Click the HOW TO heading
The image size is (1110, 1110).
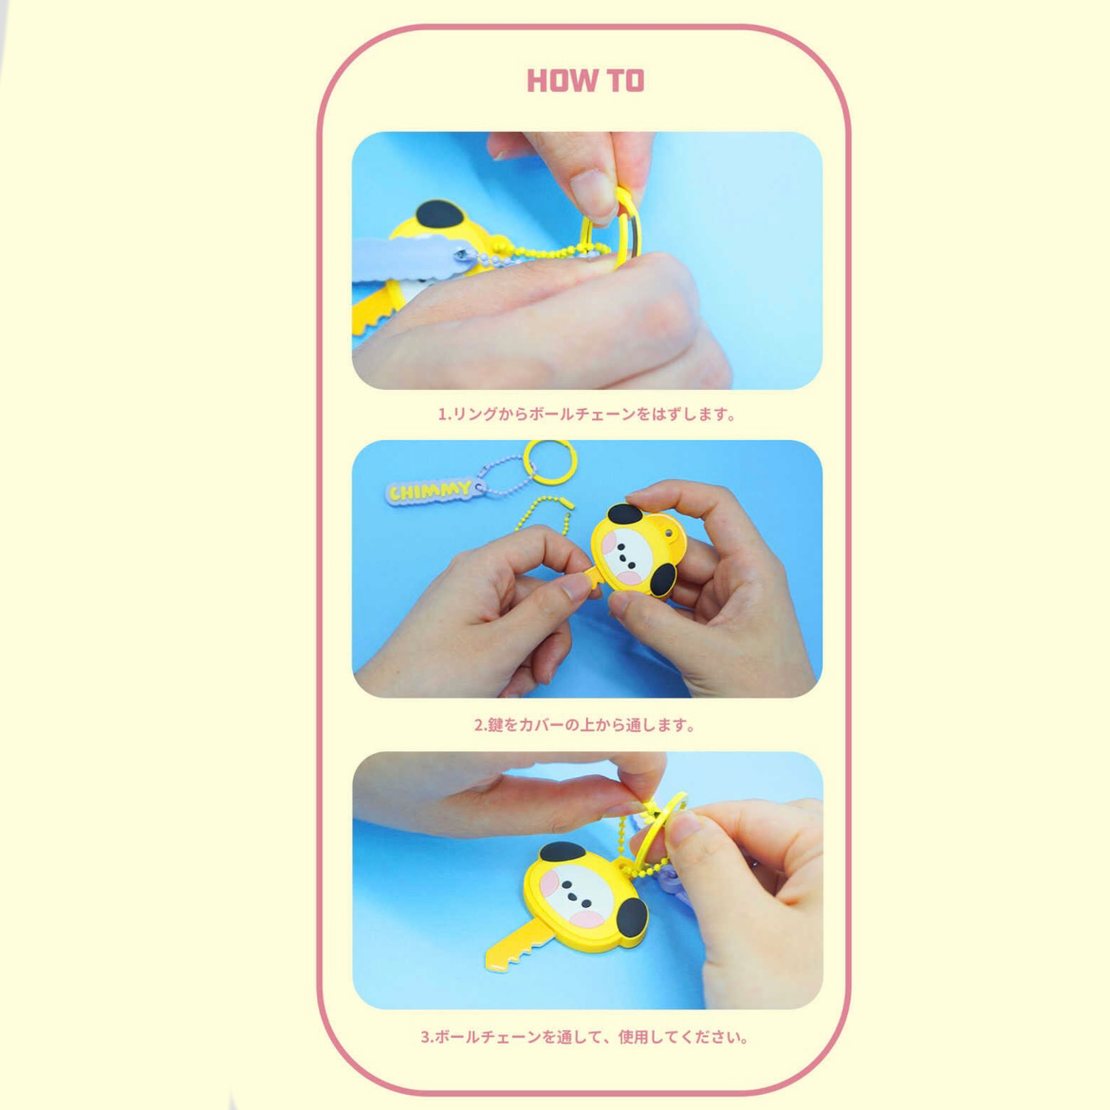coord(584,81)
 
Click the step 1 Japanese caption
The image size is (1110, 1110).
coord(586,415)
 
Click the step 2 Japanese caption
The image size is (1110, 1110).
coord(585,725)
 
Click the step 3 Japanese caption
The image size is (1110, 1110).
coord(585,1037)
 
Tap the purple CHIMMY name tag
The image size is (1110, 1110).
coord(429,490)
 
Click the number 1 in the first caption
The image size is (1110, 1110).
coord(440,415)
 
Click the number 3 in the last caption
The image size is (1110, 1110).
coord(425,1037)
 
